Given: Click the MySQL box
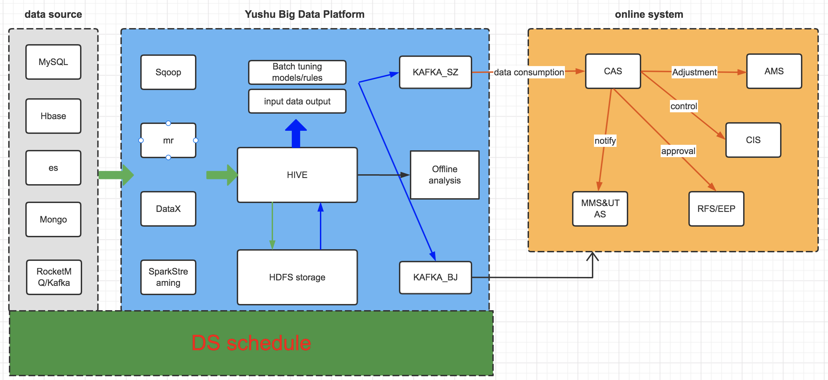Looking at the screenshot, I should (x=53, y=62).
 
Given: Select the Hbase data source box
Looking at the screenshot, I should (x=53, y=116).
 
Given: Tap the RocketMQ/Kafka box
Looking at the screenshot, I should (x=54, y=277).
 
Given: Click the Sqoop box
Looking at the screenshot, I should (x=168, y=72).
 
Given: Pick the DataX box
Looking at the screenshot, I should (x=168, y=209).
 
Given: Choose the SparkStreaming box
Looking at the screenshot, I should (x=168, y=277).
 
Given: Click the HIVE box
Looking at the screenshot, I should (x=297, y=175).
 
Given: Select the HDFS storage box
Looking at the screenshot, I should (x=297, y=277).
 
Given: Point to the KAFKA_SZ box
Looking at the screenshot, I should (x=435, y=72).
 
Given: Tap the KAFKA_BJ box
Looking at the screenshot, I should (x=435, y=277).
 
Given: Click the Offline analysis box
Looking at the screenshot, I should (x=444, y=175).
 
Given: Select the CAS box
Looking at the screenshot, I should (x=613, y=71).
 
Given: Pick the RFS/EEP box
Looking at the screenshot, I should (x=716, y=209).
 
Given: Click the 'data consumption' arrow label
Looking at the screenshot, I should (x=529, y=72).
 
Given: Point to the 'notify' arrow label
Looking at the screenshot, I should (x=605, y=141).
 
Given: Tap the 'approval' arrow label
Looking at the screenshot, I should (x=678, y=151).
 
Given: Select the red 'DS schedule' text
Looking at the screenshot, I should (x=251, y=343).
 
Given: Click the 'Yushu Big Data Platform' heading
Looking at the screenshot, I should (x=305, y=14).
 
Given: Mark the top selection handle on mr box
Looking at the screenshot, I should (x=168, y=123).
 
